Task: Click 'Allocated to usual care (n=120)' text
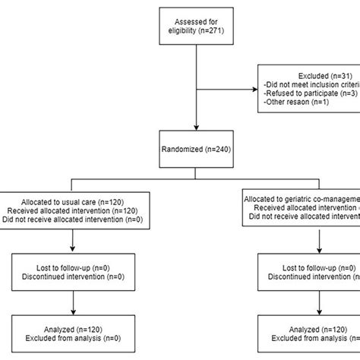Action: click(x=72, y=201)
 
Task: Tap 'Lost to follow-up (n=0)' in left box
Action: click(x=72, y=267)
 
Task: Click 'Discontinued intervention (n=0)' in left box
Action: click(x=72, y=276)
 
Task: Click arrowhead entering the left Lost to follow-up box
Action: click(x=72, y=251)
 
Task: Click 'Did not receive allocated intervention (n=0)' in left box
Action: click(x=72, y=219)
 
